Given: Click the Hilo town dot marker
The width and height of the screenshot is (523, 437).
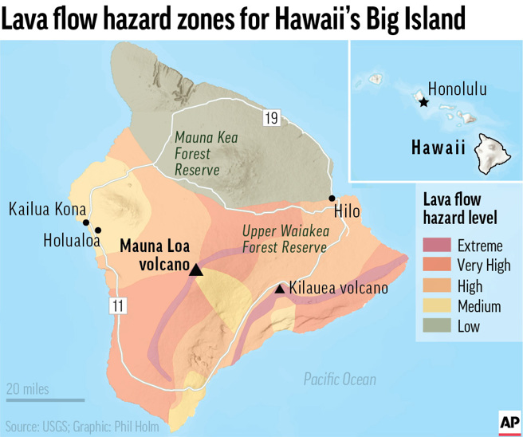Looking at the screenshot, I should coord(332,198).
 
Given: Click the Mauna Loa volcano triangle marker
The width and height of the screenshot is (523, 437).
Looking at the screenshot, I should coord(196,270).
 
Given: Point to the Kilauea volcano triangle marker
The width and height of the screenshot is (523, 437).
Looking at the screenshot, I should coord(280,289).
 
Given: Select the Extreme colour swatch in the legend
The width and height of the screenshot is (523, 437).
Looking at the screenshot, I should coord(435,246).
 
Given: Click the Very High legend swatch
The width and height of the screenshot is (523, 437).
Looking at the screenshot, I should coord(435,266).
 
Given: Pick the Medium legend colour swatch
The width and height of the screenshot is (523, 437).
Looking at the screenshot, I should coord(435,305).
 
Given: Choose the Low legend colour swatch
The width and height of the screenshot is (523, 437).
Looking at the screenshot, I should coord(435,325).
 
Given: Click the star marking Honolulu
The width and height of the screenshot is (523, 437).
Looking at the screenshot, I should coord(423,102).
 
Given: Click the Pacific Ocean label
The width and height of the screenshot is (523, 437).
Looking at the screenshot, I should coord(340,380).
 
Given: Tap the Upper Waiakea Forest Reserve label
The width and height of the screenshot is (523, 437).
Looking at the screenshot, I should coord(284,238).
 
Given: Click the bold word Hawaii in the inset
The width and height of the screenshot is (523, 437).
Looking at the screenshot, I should coord(438,148).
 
